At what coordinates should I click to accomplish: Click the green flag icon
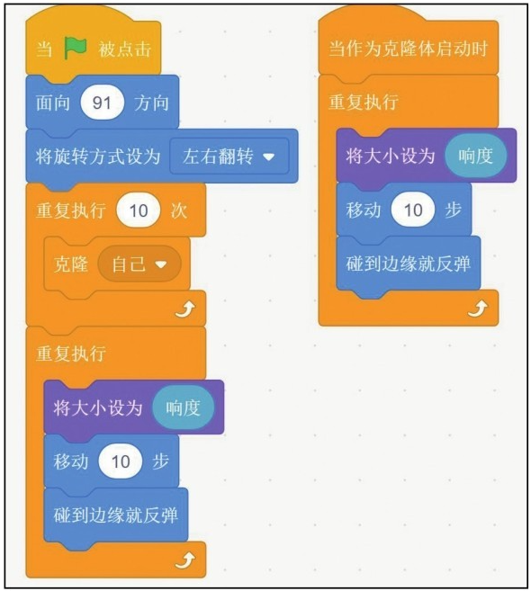point(75,49)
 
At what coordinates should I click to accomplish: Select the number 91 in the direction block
point(102,103)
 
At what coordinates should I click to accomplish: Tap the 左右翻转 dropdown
point(229,157)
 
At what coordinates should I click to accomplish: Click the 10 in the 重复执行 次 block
point(139,210)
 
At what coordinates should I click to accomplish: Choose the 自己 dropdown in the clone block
point(139,264)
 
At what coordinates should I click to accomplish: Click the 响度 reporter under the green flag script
point(183,407)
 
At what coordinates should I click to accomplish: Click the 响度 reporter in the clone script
point(475,156)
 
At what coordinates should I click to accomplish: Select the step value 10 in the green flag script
point(121,461)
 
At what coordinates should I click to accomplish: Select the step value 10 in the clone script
point(413,210)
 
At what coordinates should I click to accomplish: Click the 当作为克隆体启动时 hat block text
point(409,49)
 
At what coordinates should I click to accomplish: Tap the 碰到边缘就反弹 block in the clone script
point(409,264)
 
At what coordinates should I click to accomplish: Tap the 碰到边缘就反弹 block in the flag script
point(116,515)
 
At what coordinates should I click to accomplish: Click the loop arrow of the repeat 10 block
point(185,309)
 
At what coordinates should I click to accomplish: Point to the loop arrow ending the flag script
point(185,560)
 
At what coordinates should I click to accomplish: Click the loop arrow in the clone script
point(478,309)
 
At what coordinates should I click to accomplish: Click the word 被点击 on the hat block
point(125,49)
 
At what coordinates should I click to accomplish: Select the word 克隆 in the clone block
point(71,264)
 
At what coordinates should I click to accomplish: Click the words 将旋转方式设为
point(98,157)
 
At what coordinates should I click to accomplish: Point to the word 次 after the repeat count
point(179,210)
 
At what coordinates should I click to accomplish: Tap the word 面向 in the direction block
point(53,103)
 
